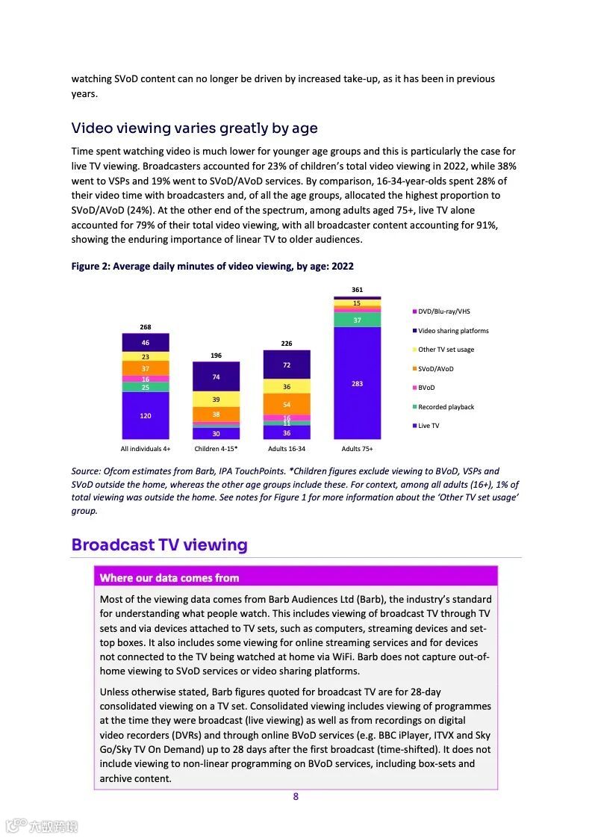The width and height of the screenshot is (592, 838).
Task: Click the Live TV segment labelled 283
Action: (357, 383)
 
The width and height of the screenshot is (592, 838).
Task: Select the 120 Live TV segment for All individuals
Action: (145, 415)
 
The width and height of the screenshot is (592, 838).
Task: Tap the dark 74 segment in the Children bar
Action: (216, 377)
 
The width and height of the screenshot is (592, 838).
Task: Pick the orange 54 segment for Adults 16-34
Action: (287, 404)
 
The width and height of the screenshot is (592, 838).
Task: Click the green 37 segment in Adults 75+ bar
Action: (357, 320)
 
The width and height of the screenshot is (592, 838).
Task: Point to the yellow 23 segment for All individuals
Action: (145, 357)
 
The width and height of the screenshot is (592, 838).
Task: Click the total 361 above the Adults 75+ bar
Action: (357, 289)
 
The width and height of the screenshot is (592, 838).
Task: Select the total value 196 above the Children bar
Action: (216, 356)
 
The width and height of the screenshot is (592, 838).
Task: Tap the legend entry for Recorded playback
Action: (446, 407)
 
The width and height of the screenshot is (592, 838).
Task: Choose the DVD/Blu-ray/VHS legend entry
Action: (443, 311)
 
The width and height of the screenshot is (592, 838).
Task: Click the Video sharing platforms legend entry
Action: (453, 331)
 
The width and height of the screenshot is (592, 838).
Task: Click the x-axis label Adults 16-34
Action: (287, 449)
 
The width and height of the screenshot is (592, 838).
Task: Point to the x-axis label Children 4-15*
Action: (216, 449)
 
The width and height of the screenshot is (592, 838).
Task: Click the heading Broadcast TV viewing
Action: (159, 544)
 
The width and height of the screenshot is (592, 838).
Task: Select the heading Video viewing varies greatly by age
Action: (194, 128)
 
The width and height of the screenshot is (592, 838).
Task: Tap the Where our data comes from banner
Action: (169, 577)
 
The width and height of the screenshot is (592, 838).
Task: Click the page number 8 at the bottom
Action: (296, 796)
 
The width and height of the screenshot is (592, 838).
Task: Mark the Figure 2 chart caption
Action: (212, 266)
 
